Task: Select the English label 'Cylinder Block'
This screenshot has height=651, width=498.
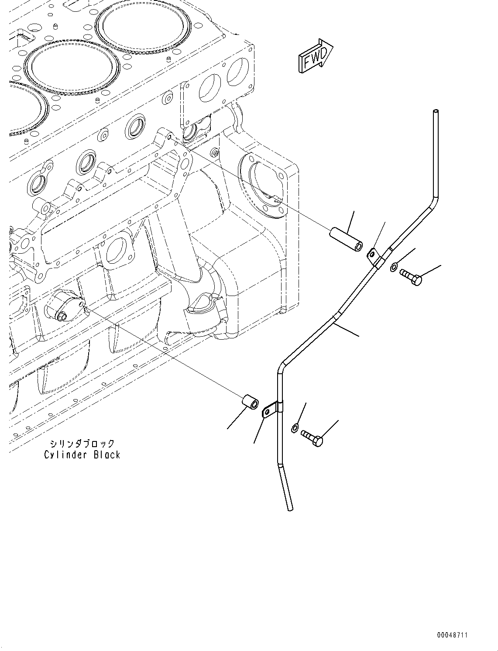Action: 82,455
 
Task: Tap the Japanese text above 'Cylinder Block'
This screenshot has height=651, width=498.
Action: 82,444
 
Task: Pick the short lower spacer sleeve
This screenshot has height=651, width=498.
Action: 250,402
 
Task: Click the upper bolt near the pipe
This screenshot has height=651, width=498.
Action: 410,278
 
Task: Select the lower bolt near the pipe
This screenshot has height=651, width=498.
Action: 312,438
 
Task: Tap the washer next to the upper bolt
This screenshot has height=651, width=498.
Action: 394,267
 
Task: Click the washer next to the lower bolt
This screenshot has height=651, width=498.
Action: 295,428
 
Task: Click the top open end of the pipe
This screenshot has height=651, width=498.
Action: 435,113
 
